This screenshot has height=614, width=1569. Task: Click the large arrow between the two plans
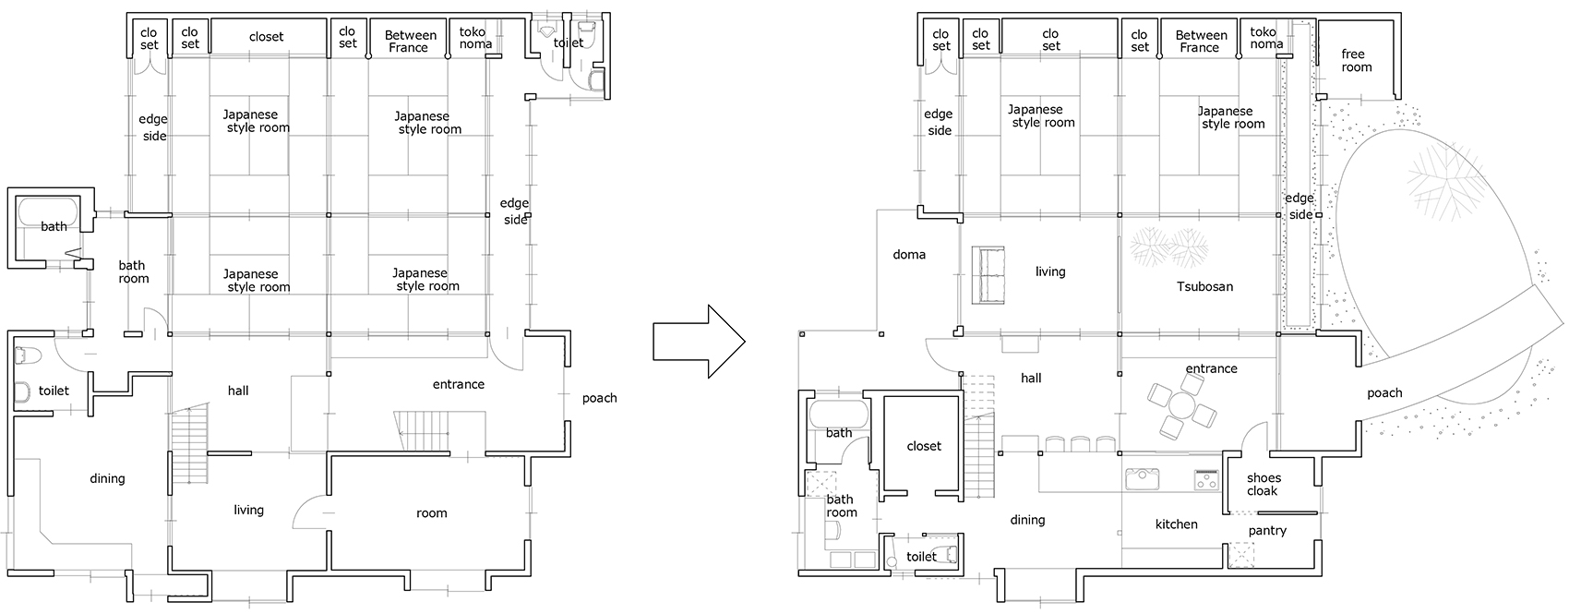point(699,342)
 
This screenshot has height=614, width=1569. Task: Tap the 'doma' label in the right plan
point(909,255)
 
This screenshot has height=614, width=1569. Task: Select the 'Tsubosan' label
point(1204,286)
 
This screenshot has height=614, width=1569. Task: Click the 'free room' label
point(1356,60)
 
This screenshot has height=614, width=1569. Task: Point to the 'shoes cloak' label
point(1263,485)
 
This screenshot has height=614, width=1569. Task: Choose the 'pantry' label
point(1267,531)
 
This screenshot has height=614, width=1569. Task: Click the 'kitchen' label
point(1176,524)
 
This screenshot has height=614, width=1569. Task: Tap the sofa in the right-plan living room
point(988,275)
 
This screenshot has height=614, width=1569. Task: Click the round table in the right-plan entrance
point(1181,406)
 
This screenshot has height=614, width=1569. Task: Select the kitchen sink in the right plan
point(1142,479)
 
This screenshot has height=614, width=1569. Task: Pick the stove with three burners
point(1207,480)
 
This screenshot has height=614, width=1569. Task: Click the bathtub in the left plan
point(48,211)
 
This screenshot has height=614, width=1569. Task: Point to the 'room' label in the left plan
point(432,513)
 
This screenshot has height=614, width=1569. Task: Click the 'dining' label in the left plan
point(107,478)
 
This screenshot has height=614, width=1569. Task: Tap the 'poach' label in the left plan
point(600,398)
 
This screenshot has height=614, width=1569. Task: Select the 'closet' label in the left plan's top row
point(266,36)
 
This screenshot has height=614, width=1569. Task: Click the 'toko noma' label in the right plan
point(1266,38)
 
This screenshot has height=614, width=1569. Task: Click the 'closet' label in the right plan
point(924,446)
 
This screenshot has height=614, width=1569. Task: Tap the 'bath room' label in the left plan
point(133,272)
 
